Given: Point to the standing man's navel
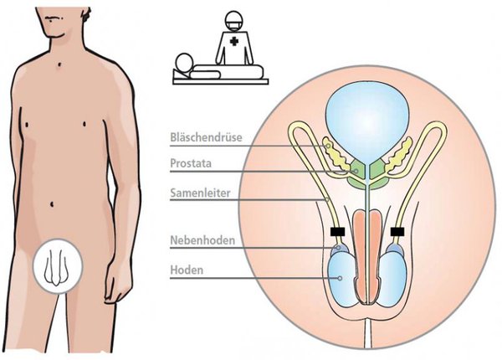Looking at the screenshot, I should (57, 204).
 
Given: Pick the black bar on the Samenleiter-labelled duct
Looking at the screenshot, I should (337, 231).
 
